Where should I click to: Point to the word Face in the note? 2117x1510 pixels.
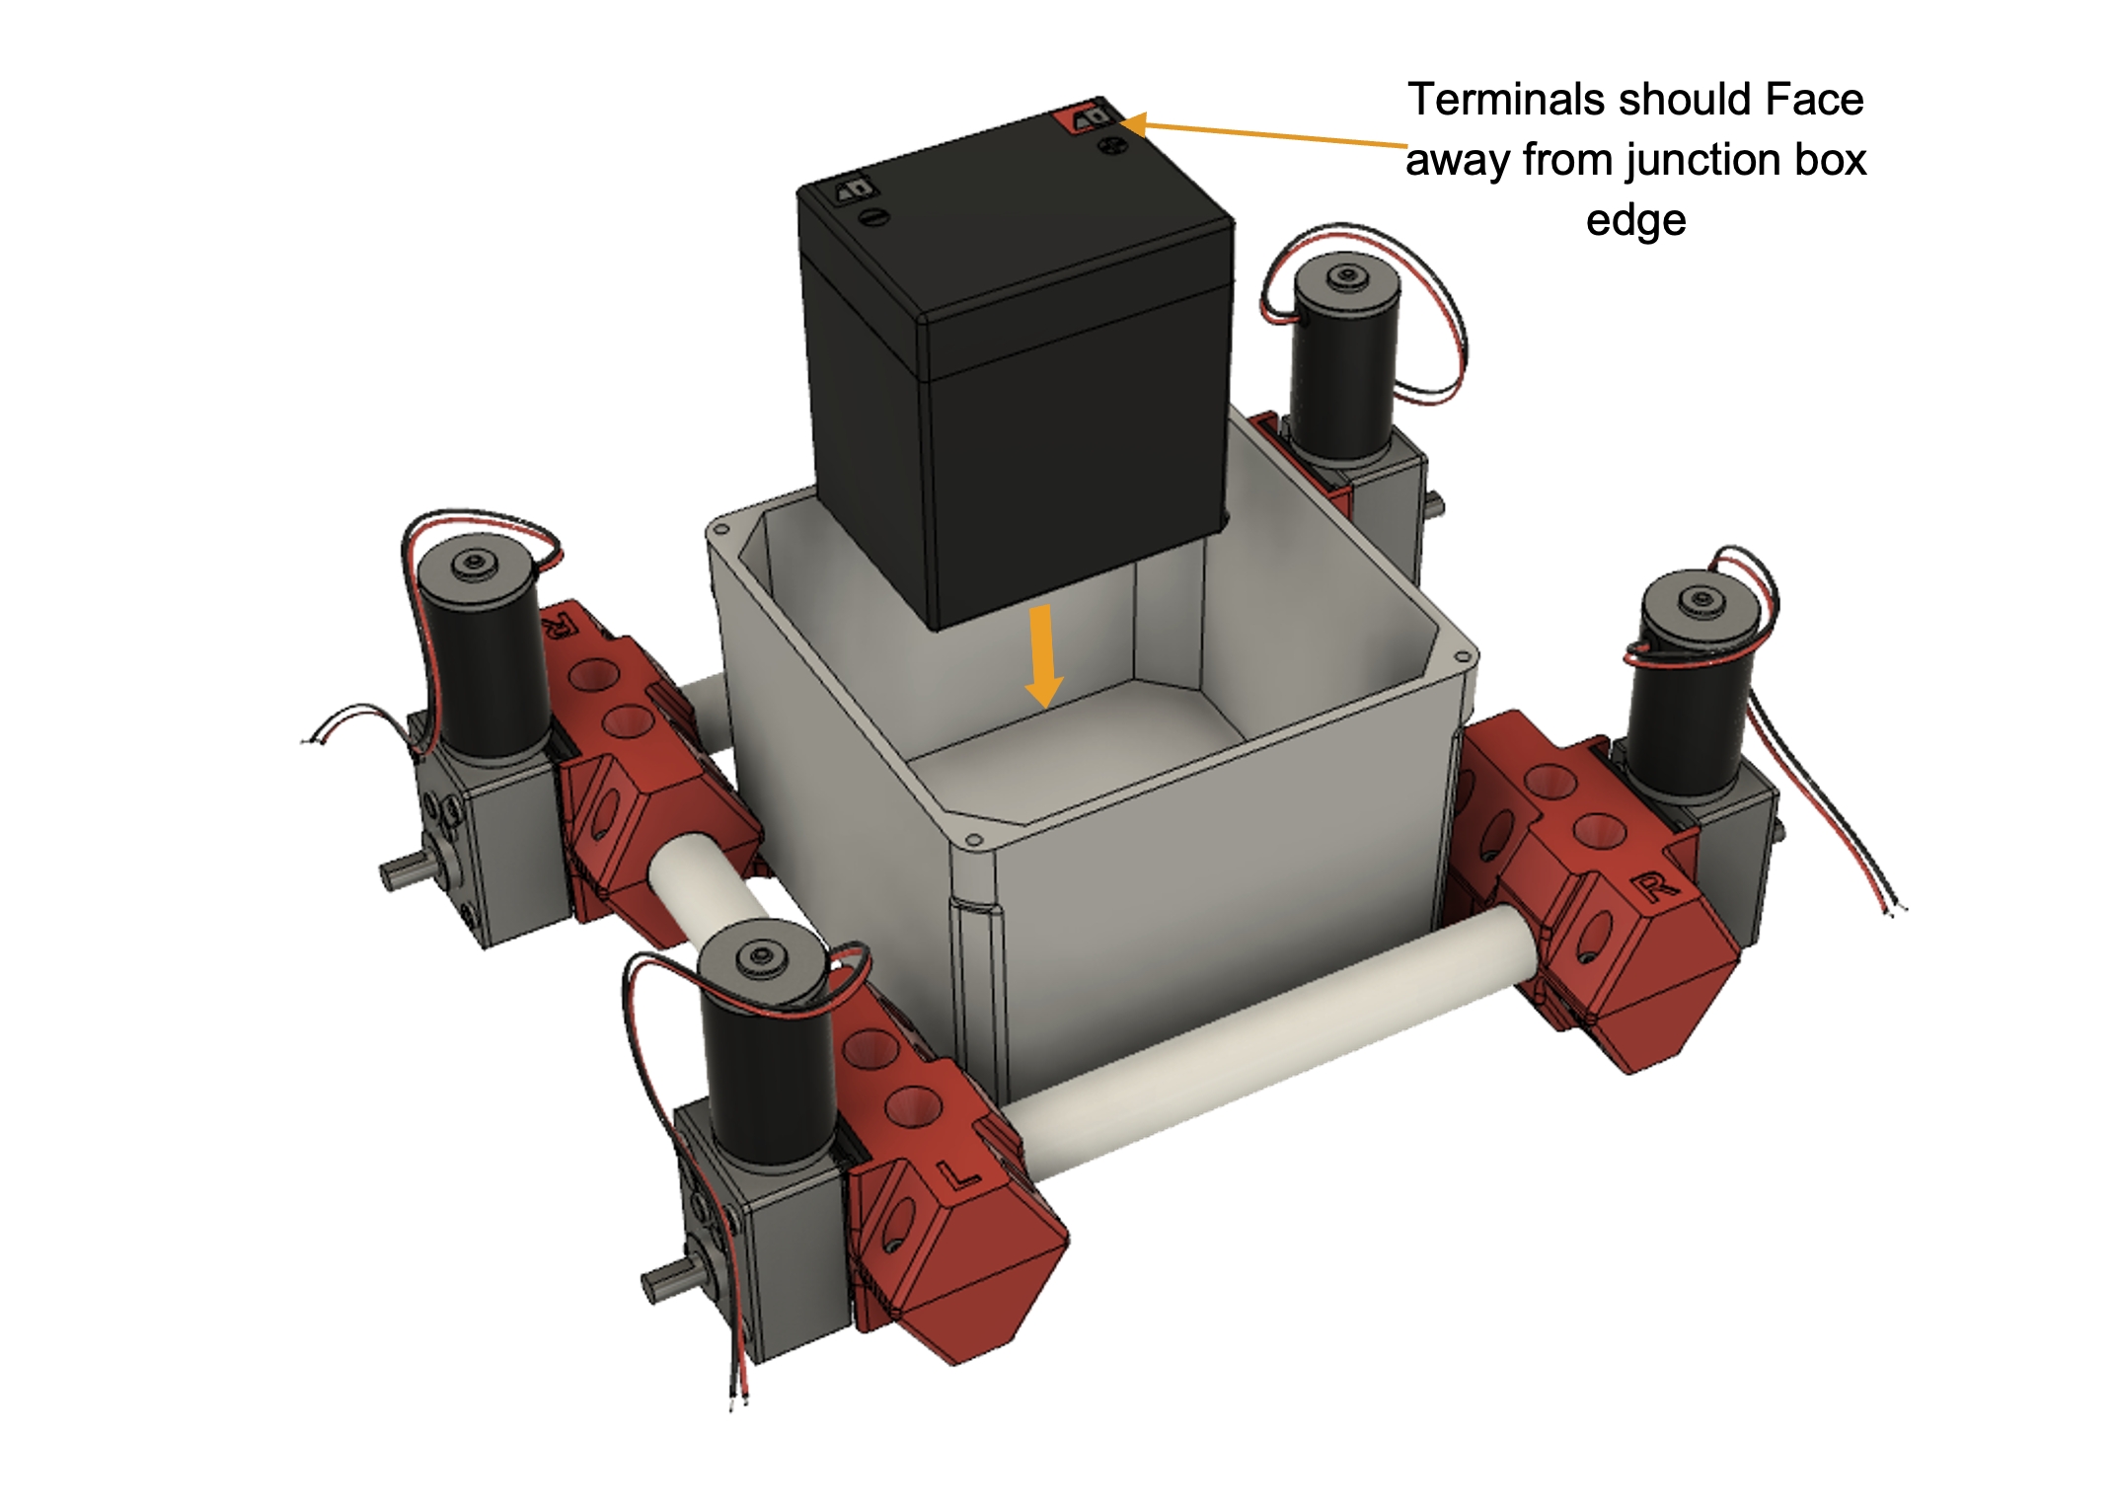pyautogui.click(x=1814, y=100)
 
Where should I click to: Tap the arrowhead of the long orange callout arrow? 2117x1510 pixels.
pyautogui.click(x=1131, y=124)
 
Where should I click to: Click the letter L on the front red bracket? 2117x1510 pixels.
pyautogui.click(x=956, y=1175)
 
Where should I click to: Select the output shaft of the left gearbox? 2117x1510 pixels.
pyautogui.click(x=405, y=870)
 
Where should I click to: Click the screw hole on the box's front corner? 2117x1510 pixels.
pyautogui.click(x=974, y=841)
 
